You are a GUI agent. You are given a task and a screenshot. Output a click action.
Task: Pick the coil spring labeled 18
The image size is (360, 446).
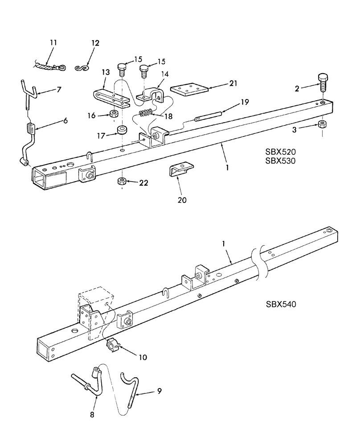tap(146, 113)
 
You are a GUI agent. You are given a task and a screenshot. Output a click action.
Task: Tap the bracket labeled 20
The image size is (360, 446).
tap(180, 170)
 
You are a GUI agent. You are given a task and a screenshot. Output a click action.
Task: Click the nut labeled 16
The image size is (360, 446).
tap(114, 113)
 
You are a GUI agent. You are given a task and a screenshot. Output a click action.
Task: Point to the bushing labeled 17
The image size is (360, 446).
tap(121, 130)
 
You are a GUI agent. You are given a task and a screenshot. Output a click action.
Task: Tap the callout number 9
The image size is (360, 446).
tap(159, 391)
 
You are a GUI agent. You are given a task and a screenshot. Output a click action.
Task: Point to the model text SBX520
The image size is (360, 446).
tap(279, 151)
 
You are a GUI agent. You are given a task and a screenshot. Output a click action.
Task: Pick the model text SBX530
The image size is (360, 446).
tap(279, 160)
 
